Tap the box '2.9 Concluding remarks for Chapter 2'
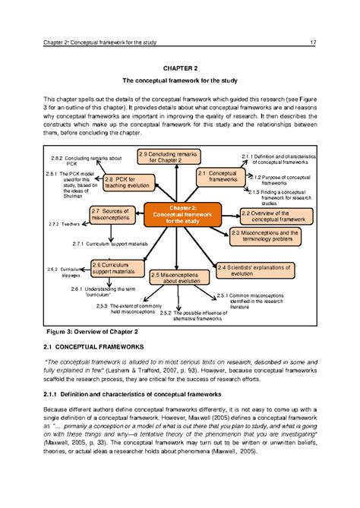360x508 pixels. click(x=168, y=157)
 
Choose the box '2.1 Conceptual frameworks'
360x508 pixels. click(x=219, y=177)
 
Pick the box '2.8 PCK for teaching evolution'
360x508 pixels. click(x=127, y=182)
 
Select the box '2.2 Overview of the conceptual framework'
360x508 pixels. click(x=272, y=215)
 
